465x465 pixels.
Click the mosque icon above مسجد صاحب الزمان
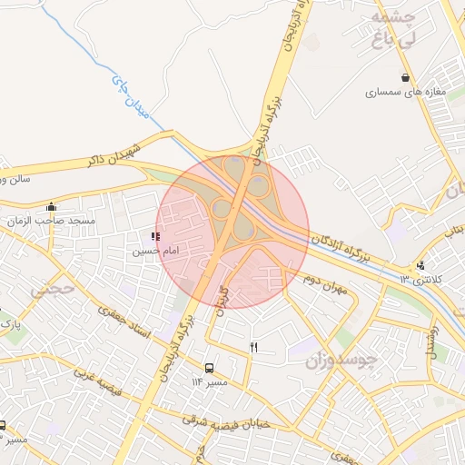click(x=52, y=207)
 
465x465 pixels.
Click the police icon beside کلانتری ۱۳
click(x=420, y=265)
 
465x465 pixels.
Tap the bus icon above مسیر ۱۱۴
click(x=210, y=369)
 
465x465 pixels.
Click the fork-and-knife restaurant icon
click(x=253, y=347)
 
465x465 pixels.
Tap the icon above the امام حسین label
click(x=155, y=236)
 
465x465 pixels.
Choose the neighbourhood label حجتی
click(x=43, y=292)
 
